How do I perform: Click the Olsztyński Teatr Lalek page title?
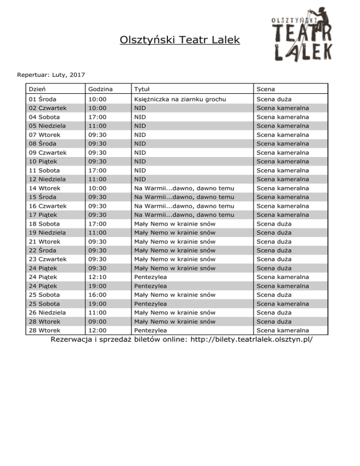[x=180, y=40]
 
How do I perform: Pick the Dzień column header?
[x=37, y=89]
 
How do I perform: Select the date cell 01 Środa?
[x=42, y=99]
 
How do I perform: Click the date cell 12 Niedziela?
[x=47, y=179]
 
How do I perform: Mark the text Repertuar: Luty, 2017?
[x=51, y=74]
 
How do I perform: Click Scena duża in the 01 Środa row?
[x=272, y=99]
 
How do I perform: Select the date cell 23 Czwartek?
[x=47, y=259]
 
